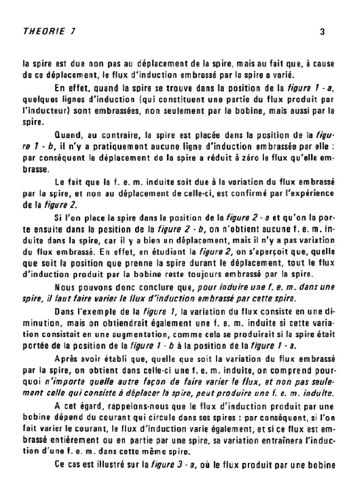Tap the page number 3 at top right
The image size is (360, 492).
(x=322, y=32)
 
